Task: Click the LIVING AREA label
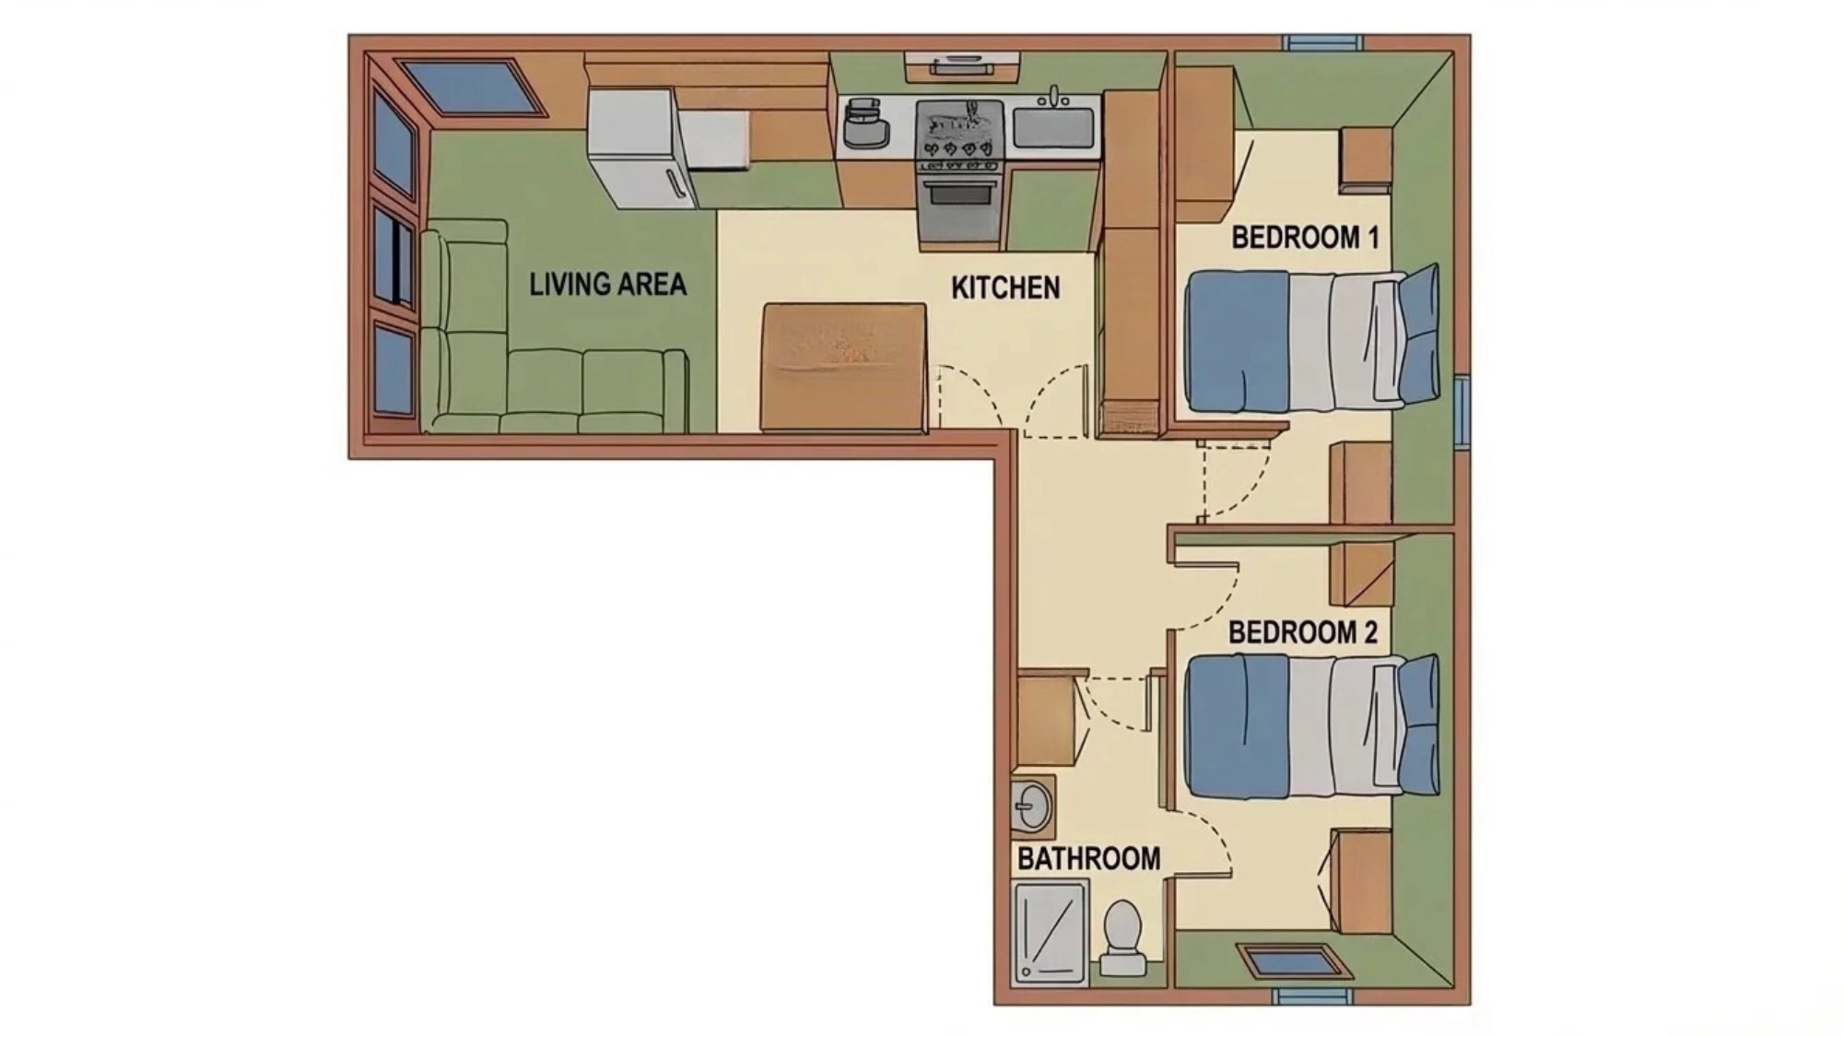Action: coord(607,284)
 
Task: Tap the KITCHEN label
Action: coord(1005,288)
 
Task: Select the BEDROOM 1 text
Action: coord(1305,238)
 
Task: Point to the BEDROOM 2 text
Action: coord(1303,633)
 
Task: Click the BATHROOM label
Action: coord(1088,859)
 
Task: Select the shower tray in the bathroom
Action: coord(1051,932)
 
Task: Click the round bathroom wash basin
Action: coord(1031,807)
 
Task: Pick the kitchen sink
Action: coord(1053,127)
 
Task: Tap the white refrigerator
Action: coord(636,147)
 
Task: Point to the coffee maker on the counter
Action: coord(864,124)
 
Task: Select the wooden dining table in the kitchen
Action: coord(843,367)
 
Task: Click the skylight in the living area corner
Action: coord(473,88)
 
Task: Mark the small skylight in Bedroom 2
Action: coord(1293,961)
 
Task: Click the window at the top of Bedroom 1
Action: coord(1322,42)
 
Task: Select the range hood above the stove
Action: coord(961,66)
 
